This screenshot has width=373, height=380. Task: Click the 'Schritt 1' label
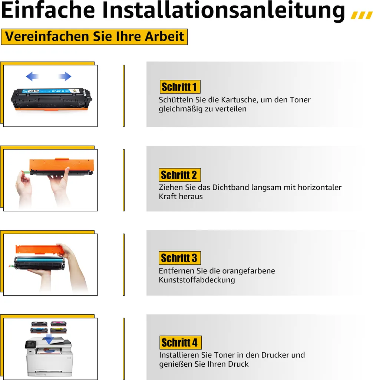180,87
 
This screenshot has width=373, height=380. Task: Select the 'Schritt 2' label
180,175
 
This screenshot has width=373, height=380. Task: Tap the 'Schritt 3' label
180,258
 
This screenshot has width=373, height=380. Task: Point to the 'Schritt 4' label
181,343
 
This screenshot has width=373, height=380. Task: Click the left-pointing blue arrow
32,76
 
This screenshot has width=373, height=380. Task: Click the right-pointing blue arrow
65,76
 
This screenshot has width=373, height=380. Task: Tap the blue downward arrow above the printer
49,339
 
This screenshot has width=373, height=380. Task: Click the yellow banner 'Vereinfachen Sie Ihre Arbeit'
94,37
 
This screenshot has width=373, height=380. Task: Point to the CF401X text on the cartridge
58,91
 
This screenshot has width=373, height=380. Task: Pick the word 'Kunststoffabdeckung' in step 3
197,280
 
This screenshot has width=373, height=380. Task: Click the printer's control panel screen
30,344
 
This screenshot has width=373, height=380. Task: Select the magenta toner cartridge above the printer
58,324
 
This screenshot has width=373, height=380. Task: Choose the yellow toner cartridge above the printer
58,330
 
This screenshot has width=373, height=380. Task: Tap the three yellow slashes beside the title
362,15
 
